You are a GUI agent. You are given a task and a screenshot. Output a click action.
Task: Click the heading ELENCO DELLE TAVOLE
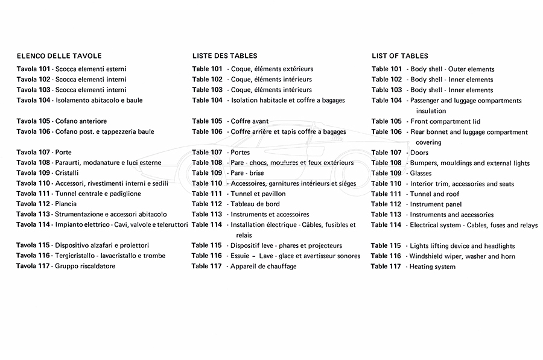point(59,55)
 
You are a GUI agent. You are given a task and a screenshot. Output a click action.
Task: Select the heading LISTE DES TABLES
point(224,55)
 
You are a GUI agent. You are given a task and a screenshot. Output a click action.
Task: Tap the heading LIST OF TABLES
point(400,55)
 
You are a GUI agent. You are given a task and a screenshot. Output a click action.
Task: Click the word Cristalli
point(68,173)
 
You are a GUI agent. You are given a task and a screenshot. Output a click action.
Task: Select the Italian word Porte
point(63,153)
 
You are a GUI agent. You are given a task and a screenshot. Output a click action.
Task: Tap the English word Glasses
point(421,174)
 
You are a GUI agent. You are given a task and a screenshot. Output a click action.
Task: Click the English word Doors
point(419,153)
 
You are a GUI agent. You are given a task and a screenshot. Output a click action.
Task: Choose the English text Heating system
point(433,267)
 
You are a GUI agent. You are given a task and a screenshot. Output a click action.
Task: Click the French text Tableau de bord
point(255,204)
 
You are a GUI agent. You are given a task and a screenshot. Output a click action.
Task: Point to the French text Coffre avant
point(250,121)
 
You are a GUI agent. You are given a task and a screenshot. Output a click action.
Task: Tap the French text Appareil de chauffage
point(264,267)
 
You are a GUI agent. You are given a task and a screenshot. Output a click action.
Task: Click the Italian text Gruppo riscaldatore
point(85,266)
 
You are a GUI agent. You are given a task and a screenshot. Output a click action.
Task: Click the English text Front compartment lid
point(445,122)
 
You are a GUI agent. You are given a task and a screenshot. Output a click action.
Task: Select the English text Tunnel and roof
point(434,194)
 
